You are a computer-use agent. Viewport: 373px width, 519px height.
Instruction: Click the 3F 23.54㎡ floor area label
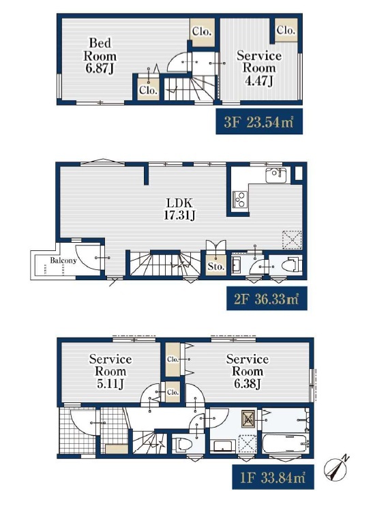click(259, 121)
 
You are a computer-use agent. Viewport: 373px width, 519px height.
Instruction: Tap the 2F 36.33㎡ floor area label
click(267, 299)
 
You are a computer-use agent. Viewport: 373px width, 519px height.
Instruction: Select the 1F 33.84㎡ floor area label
click(273, 477)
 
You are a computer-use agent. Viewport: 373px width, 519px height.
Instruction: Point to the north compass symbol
click(336, 468)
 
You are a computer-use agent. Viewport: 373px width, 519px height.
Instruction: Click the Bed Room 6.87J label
click(100, 55)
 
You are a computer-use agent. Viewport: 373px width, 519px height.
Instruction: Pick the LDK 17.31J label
click(179, 209)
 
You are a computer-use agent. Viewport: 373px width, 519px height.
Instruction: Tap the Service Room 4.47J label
click(259, 68)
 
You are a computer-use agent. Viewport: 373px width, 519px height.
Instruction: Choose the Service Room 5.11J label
click(110, 372)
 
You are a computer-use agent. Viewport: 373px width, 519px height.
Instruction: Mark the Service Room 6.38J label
click(247, 372)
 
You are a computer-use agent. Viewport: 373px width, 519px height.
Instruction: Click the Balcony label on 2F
click(63, 261)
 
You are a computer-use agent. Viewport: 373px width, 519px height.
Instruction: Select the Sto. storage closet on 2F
click(216, 266)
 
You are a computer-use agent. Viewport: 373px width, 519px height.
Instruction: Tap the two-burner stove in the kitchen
click(239, 199)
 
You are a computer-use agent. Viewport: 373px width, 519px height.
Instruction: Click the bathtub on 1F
click(285, 443)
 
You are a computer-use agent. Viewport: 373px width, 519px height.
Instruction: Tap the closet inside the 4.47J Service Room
click(285, 31)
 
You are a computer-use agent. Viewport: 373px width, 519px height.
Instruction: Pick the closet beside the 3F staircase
click(148, 88)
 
